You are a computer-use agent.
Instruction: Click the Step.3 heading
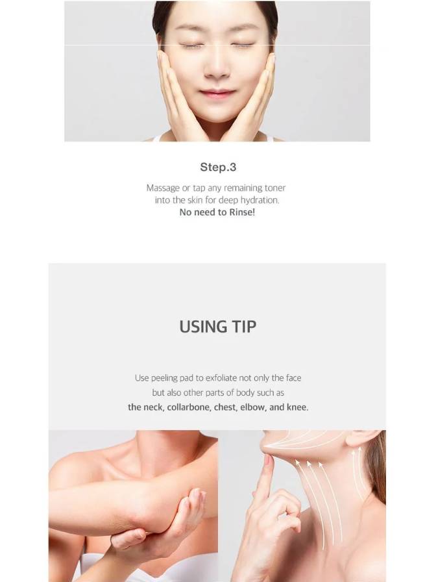click(x=218, y=167)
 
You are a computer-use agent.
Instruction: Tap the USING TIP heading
click(x=217, y=327)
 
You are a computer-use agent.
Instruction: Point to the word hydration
click(x=260, y=200)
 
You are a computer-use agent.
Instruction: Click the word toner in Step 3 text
click(x=274, y=188)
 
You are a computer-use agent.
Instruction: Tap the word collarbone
click(x=189, y=407)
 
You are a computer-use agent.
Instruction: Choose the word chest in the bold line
click(x=225, y=407)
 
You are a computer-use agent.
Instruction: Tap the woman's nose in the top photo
click(x=217, y=67)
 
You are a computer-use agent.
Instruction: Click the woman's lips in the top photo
click(x=217, y=93)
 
